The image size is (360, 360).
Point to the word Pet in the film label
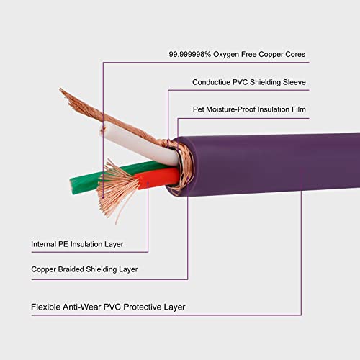point(197,109)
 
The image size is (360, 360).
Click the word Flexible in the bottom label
point(48,307)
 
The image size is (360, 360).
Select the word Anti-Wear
point(90,307)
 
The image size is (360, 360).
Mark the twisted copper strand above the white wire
point(108,115)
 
